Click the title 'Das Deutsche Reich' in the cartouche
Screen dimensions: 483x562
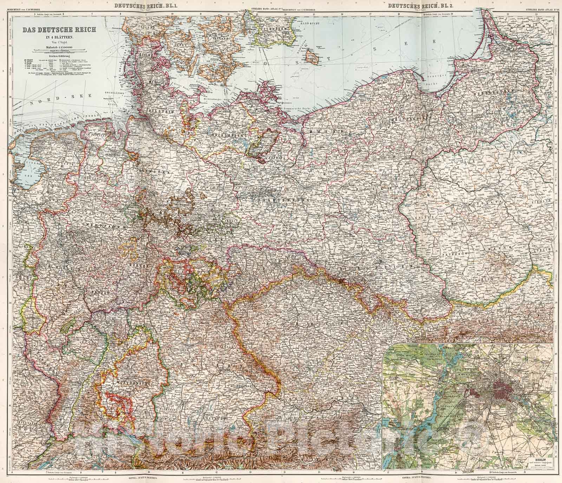point(59,30)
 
